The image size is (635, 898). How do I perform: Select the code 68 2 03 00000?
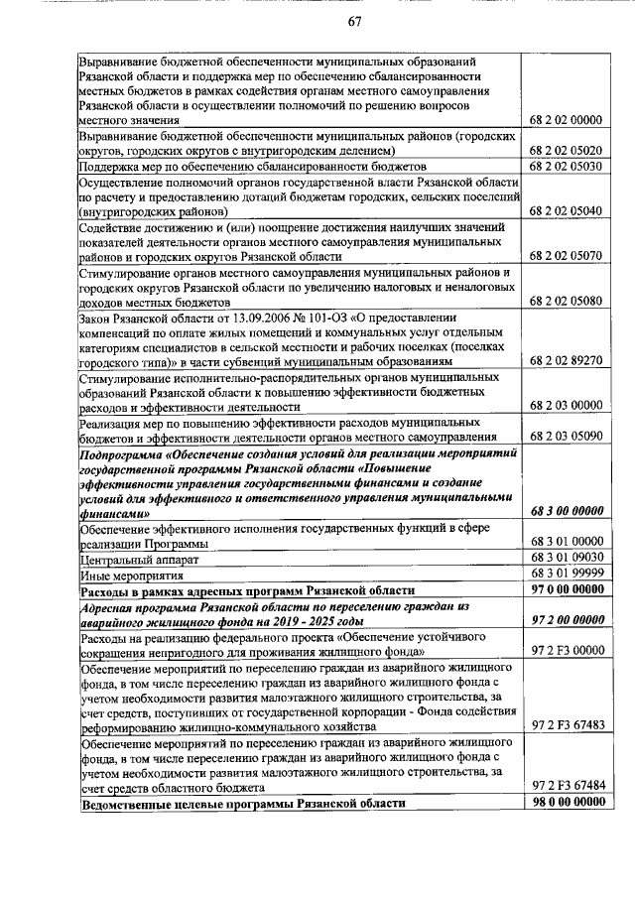tap(567, 405)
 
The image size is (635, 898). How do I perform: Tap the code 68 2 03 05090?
tap(567, 436)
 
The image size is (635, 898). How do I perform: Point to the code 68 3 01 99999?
tap(567, 574)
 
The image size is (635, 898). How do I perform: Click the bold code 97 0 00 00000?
tap(567, 589)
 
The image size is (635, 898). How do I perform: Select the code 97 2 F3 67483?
tap(567, 724)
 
